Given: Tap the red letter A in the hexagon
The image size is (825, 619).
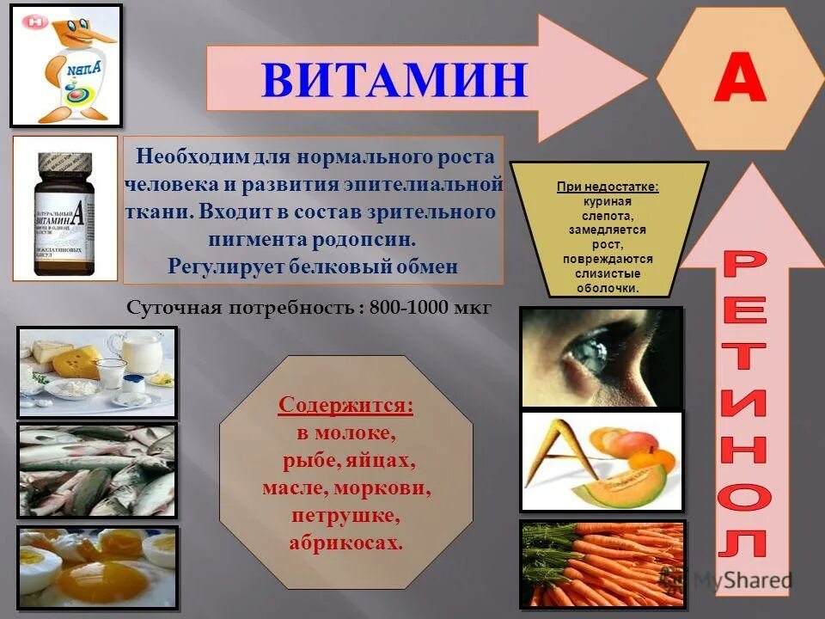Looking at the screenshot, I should click(740, 80).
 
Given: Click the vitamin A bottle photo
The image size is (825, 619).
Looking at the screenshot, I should click(64, 209).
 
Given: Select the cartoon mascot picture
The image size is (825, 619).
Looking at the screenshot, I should click(66, 65).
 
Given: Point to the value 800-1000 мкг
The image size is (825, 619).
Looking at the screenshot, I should click(430, 309).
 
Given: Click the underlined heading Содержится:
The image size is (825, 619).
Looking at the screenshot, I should click(345, 405).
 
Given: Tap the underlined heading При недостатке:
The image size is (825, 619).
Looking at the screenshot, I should click(608, 187).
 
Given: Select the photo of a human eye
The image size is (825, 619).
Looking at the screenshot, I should click(601, 357).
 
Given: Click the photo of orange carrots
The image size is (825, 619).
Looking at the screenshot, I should click(602, 563).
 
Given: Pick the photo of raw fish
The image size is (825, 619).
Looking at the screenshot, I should click(96, 469).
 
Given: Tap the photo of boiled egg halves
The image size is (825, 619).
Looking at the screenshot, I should click(96, 566).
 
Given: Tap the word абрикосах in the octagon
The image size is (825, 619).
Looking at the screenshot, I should click(345, 543).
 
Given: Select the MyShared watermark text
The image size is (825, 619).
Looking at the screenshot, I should click(741, 580).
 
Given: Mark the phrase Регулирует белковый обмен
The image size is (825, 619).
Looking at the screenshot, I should click(313, 266).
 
